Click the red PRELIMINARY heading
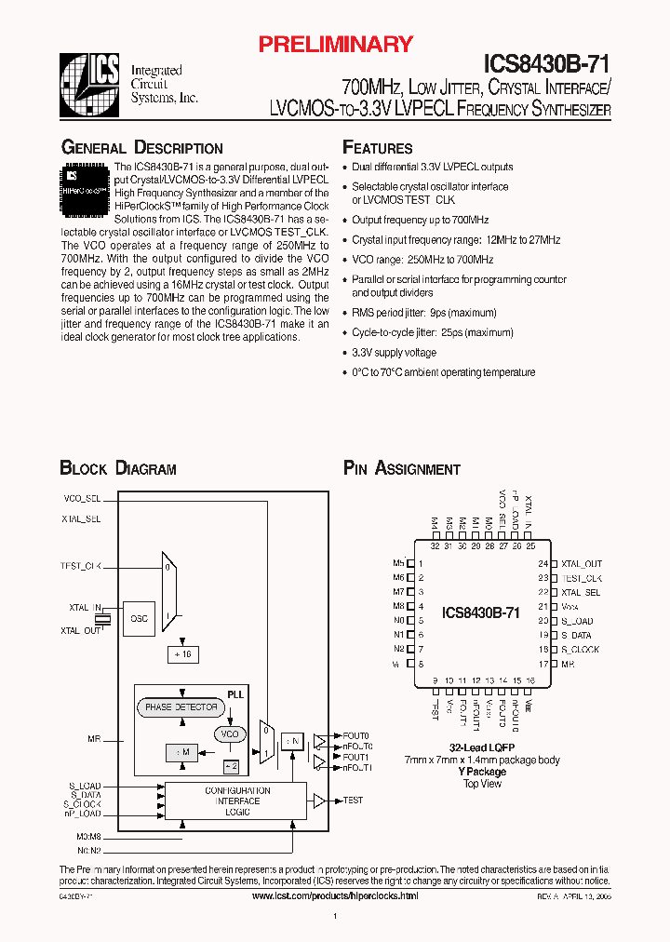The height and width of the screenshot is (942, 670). tap(334, 44)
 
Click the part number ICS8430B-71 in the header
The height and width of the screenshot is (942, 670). tap(546, 63)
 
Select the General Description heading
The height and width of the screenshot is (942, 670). tap(141, 148)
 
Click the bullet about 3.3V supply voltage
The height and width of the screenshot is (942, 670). tap(394, 353)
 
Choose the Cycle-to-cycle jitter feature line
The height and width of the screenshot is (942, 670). tap(432, 332)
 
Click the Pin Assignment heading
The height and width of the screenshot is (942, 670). tap(401, 468)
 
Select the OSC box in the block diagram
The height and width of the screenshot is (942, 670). tap(138, 618)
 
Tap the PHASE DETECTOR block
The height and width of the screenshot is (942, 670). tap(181, 707)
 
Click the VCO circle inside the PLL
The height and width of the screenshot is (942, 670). tap(229, 734)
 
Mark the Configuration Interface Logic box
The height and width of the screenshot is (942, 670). tap(237, 800)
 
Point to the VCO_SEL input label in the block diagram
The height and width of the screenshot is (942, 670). tap(81, 499)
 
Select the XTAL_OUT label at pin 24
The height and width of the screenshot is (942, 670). tap(582, 564)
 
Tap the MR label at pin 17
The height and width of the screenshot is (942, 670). tap(568, 664)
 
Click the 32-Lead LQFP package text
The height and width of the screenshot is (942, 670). tap(482, 748)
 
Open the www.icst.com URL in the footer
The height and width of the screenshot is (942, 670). tap(335, 895)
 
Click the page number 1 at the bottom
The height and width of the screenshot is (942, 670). tap(334, 917)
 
